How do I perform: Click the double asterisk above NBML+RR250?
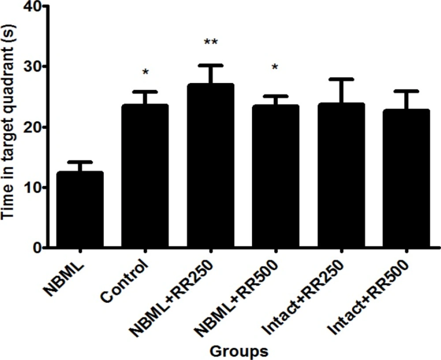(x=211, y=43)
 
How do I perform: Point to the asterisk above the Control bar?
(x=145, y=72)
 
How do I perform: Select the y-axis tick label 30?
(x=29, y=67)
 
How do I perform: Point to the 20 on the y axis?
(x=29, y=127)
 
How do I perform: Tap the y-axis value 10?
(x=29, y=188)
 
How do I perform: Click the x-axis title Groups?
(x=239, y=351)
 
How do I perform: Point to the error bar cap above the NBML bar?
(x=80, y=162)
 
